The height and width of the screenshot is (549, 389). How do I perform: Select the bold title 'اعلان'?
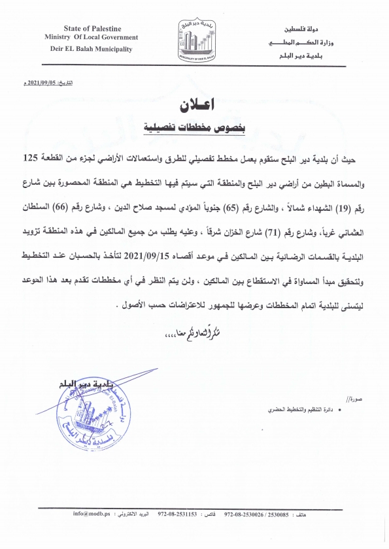(194, 105)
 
